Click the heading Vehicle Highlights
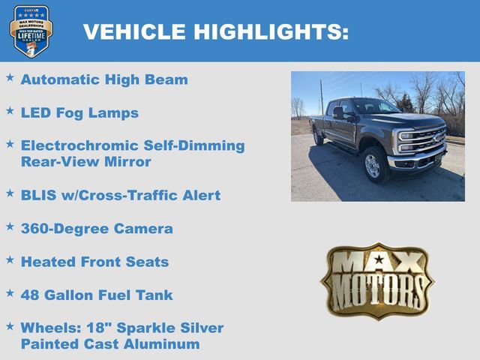(x=215, y=32)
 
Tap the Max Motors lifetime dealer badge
(x=31, y=31)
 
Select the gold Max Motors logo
(x=377, y=280)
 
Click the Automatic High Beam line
(x=104, y=79)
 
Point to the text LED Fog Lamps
(x=79, y=113)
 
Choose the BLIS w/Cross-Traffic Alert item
(x=120, y=195)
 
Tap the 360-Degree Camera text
(x=97, y=229)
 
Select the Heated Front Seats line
(x=94, y=262)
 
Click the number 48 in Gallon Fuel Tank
(x=31, y=295)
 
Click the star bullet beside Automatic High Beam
(x=10, y=77)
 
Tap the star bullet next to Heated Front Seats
(x=10, y=259)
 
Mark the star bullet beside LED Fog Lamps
(x=10, y=111)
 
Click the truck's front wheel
(x=373, y=165)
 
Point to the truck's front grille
(x=425, y=139)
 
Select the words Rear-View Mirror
(x=85, y=162)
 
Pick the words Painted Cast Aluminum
(x=110, y=344)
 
